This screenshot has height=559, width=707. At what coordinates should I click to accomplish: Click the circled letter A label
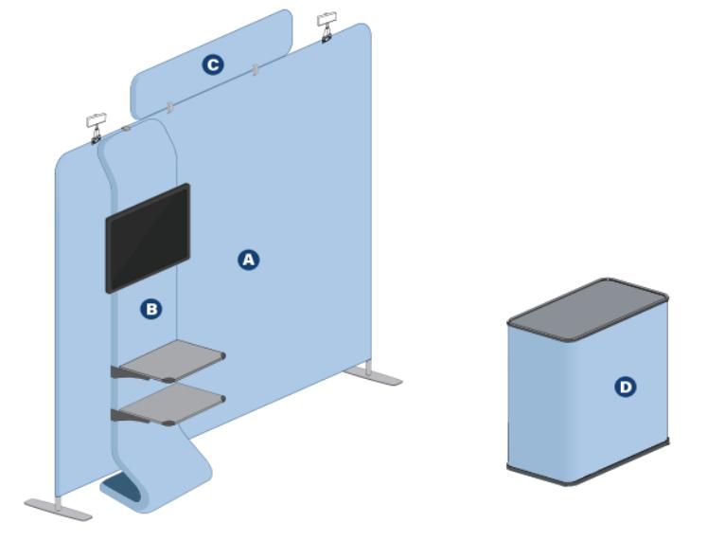(x=248, y=260)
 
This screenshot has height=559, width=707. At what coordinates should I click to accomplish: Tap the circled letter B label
(x=151, y=309)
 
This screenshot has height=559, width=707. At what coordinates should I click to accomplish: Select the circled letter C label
(x=213, y=64)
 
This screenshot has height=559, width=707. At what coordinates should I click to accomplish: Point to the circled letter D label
(x=626, y=387)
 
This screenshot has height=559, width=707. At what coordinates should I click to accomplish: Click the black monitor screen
(x=148, y=238)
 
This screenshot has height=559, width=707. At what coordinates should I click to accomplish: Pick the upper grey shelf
(x=172, y=360)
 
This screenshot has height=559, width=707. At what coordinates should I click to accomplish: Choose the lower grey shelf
(x=172, y=404)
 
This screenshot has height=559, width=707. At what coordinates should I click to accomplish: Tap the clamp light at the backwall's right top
(x=327, y=27)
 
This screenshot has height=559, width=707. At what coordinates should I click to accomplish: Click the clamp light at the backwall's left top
(x=97, y=128)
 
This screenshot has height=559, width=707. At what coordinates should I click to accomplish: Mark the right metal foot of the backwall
(x=373, y=374)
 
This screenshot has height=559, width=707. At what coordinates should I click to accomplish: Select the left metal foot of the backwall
(x=58, y=510)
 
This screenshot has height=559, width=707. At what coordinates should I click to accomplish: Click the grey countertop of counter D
(x=588, y=309)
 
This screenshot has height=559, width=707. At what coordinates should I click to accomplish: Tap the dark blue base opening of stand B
(x=121, y=488)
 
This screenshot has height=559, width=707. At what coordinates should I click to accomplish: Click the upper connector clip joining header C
(x=256, y=70)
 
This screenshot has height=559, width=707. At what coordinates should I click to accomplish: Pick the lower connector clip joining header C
(x=170, y=107)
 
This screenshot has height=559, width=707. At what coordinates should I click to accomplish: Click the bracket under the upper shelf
(x=130, y=373)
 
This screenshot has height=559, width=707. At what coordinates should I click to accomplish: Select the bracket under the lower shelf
(x=130, y=416)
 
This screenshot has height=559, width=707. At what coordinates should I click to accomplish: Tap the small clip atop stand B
(x=126, y=129)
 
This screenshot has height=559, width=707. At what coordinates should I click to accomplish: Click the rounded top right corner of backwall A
(x=365, y=29)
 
